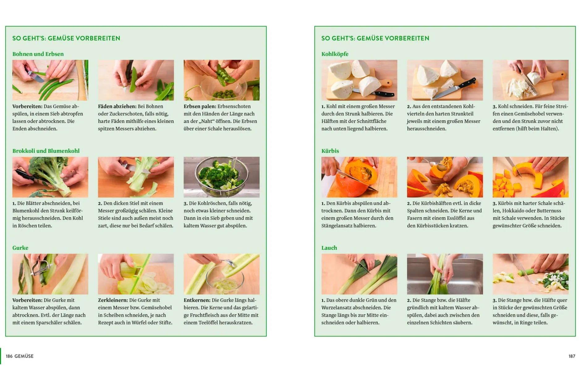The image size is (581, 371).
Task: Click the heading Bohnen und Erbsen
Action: (38, 54)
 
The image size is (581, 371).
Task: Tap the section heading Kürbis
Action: (330, 151)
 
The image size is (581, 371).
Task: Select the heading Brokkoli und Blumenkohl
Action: (46, 151)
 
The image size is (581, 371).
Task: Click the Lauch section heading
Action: (329, 248)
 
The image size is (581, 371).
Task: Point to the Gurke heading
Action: (20, 248)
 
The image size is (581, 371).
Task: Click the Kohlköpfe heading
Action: (335, 54)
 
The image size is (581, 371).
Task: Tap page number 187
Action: (572, 356)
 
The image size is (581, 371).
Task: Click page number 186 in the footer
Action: (9, 356)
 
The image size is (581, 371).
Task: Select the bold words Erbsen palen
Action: (200, 106)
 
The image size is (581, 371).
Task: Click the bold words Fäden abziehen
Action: (117, 106)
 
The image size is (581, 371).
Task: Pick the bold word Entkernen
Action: (197, 300)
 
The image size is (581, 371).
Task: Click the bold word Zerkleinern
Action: (113, 300)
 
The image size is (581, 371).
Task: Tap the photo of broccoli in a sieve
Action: (221, 177)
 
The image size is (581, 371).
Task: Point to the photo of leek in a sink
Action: (445, 274)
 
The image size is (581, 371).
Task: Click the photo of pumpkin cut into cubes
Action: (530, 177)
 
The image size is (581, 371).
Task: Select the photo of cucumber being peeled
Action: (50, 274)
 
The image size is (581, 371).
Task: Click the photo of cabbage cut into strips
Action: (530, 80)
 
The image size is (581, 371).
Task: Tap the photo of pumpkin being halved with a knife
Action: (359, 177)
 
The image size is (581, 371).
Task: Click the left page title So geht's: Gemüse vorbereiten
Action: (66, 39)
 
